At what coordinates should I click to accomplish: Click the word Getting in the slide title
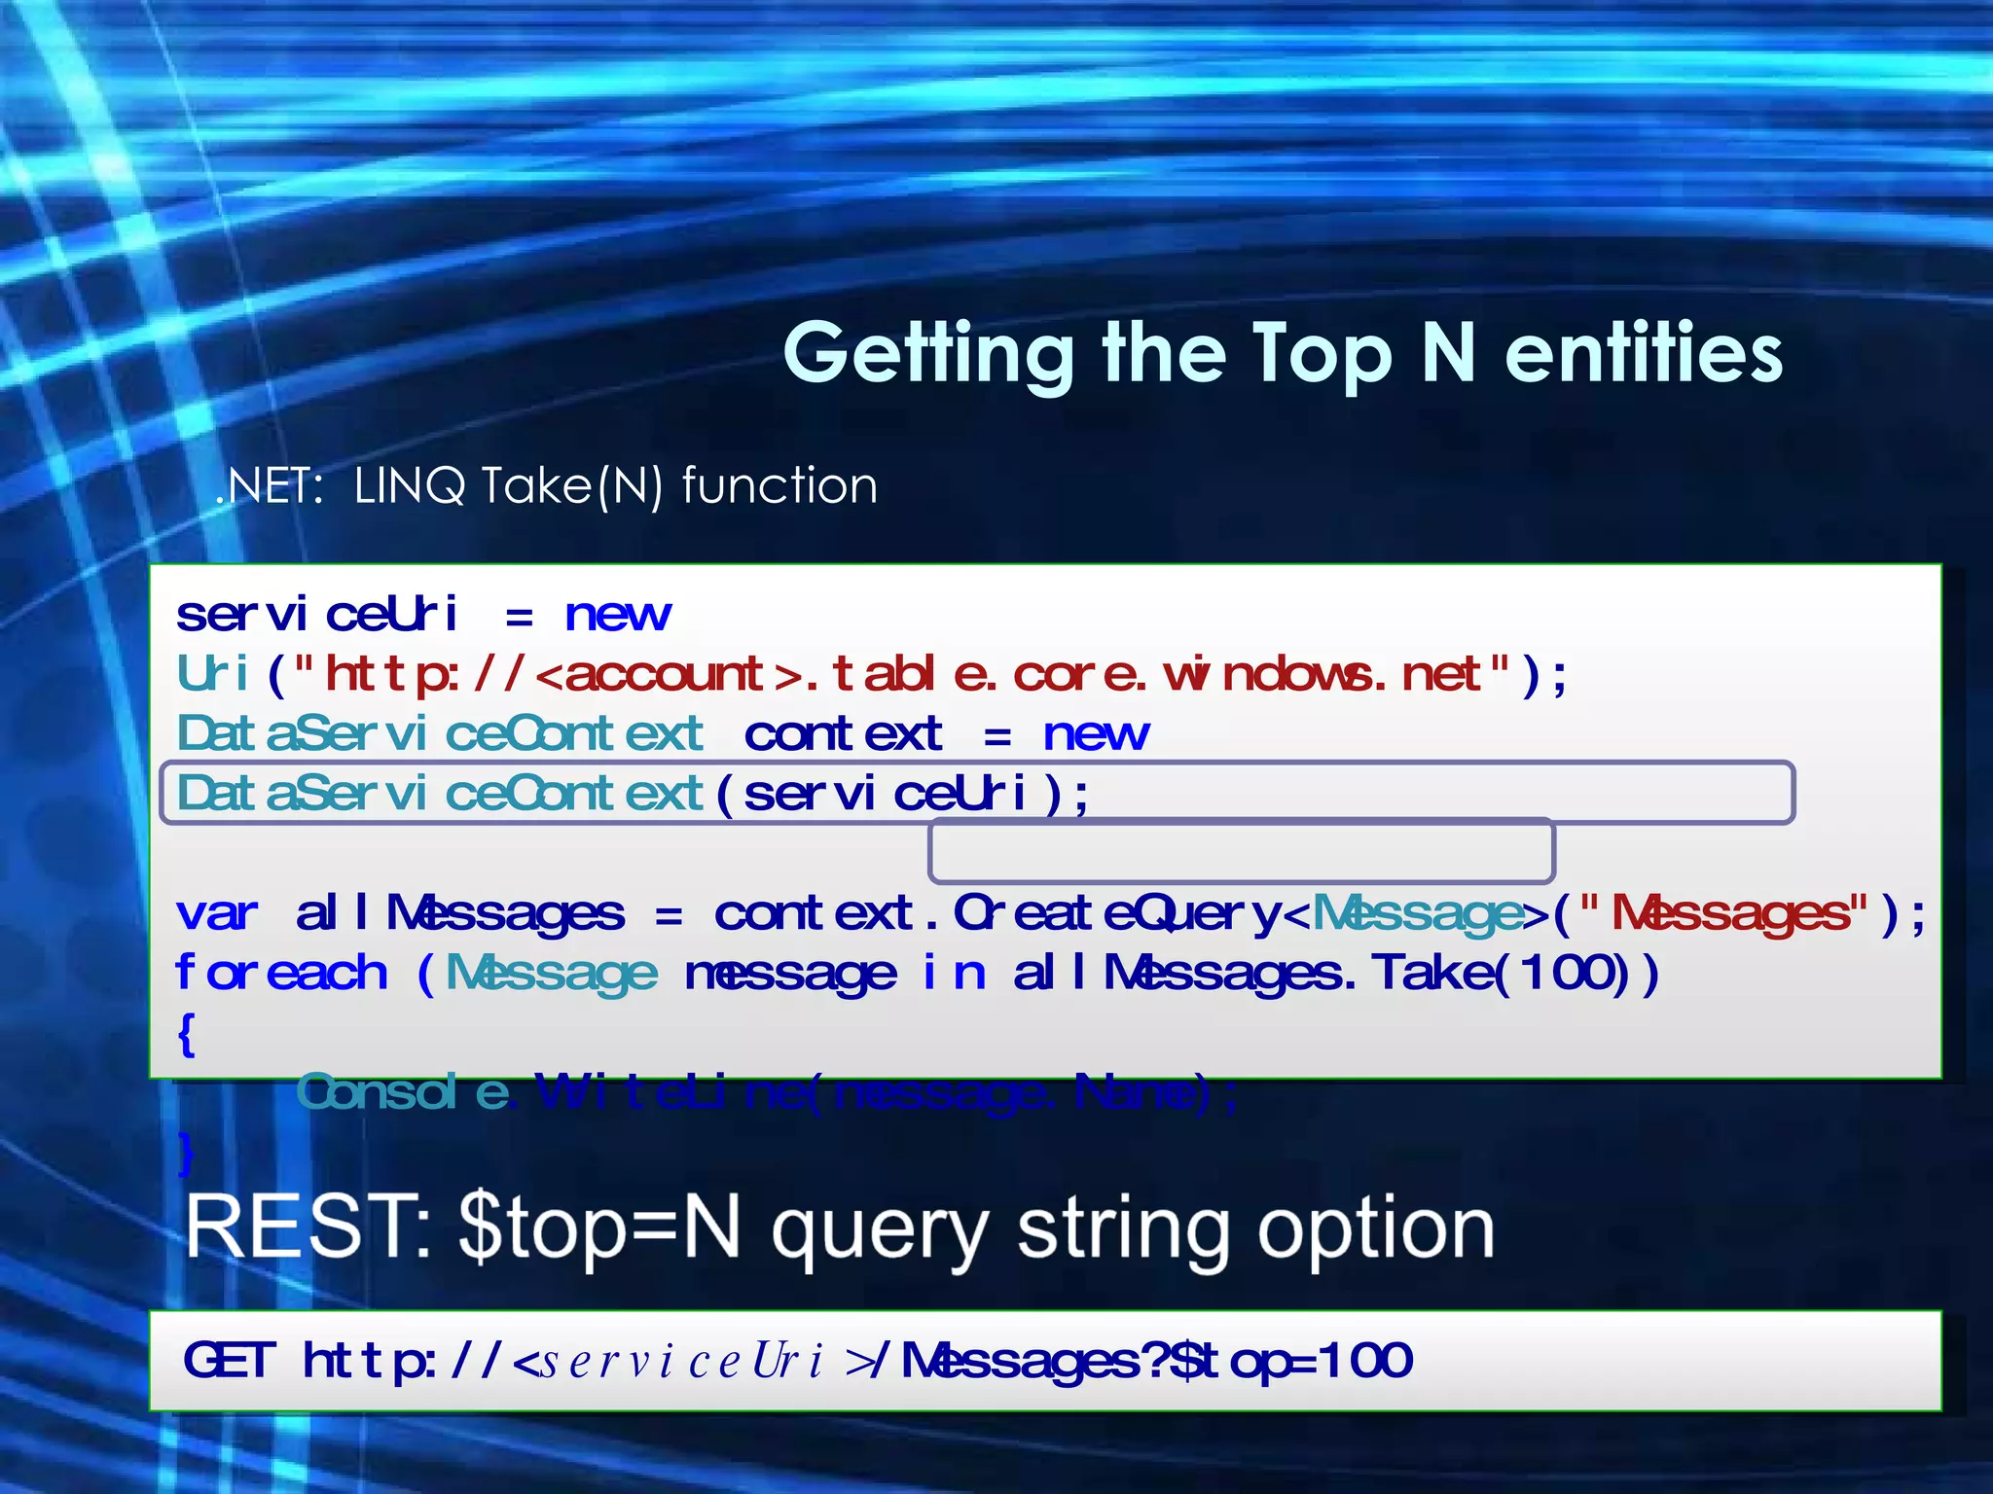click(x=929, y=355)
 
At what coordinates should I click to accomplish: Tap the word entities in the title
click(x=1644, y=352)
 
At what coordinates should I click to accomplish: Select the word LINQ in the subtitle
click(x=410, y=485)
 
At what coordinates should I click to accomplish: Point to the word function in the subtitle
click(x=779, y=485)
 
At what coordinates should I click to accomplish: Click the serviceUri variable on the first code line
click(x=316, y=615)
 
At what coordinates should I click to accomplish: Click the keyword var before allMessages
click(x=217, y=913)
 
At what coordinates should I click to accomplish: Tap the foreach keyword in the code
click(x=281, y=974)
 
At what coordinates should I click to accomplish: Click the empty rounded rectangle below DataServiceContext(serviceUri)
click(x=1241, y=852)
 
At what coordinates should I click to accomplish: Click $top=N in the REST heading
click(x=599, y=1228)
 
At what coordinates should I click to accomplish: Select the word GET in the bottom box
click(x=230, y=1360)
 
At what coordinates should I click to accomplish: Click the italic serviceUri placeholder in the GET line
click(x=681, y=1361)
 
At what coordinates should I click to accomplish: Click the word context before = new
click(x=843, y=734)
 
